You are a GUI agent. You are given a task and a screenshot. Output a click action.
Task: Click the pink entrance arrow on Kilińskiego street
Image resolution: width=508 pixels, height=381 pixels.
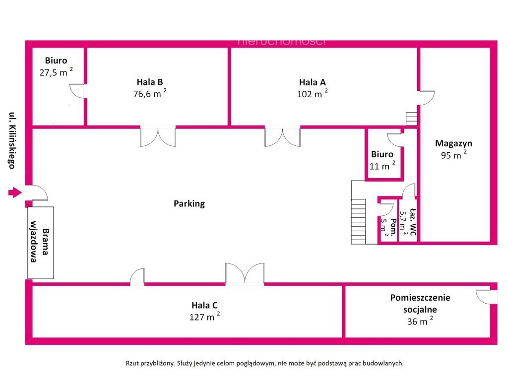tap(15, 192)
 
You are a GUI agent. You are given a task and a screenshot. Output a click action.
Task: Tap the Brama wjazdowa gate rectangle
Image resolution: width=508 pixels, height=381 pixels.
tap(41, 243)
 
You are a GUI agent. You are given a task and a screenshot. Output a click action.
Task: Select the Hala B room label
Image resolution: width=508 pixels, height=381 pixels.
tap(150, 82)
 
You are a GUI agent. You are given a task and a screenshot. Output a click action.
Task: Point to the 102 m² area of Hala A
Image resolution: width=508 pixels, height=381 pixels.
tap(313, 94)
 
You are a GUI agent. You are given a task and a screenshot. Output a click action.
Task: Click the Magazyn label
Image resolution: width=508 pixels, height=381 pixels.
tap(453, 143)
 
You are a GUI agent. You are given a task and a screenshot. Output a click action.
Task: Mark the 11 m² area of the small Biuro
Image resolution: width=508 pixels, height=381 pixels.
tap(382, 166)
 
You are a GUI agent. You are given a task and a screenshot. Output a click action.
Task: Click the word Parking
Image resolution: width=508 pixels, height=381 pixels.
tap(189, 204)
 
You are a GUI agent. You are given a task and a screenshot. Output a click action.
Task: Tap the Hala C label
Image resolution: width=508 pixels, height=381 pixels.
tap(204, 305)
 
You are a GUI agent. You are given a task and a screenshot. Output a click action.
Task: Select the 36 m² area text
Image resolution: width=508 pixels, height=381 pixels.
tap(420, 321)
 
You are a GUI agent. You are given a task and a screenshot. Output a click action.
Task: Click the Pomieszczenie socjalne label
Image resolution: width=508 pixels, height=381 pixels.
tap(420, 303)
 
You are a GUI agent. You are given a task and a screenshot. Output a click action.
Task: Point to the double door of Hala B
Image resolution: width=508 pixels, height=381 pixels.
tap(158, 136)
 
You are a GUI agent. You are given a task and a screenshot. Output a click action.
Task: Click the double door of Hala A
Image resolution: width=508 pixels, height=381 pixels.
tap(282, 136)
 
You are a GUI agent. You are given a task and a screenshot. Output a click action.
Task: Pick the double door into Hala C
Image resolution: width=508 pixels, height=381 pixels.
tap(245, 274)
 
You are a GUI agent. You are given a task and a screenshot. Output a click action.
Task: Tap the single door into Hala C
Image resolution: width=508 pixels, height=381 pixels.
tap(137, 277)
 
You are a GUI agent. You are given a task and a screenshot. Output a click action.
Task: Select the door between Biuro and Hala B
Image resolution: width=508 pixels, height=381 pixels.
tap(78, 91)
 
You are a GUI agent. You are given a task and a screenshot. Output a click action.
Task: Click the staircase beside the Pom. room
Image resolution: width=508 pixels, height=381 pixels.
tap(359, 221)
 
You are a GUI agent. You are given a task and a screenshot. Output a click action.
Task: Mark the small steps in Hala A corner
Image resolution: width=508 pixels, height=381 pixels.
tap(411, 119)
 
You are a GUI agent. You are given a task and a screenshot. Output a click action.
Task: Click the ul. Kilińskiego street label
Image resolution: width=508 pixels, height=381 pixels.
tap(12, 140)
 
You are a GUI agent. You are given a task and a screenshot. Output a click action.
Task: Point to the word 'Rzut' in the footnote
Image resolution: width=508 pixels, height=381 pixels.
tap(132, 363)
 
